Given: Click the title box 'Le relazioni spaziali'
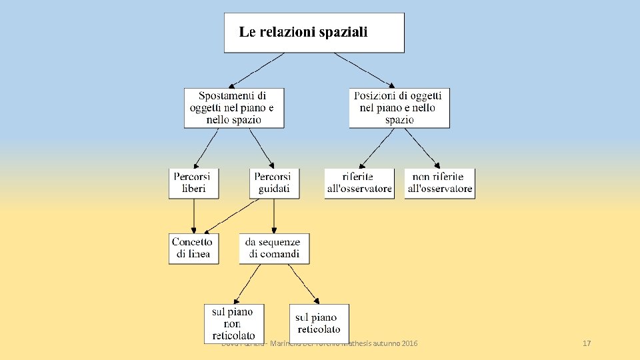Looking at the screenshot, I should [314, 33].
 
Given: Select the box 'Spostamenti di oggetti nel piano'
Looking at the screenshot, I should [234, 108].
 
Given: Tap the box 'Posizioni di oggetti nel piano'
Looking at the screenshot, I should [399, 108].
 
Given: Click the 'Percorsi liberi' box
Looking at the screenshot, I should [193, 183].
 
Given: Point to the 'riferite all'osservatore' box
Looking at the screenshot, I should [359, 183].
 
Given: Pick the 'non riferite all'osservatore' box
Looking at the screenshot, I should [439, 183].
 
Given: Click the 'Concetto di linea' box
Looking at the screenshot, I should [193, 247].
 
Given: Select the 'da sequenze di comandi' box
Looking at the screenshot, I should [274, 247].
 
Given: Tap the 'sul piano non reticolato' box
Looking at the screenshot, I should [233, 323].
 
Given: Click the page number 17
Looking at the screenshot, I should [587, 343].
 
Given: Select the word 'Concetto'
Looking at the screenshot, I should [192, 242].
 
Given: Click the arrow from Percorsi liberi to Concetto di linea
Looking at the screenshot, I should [194, 215].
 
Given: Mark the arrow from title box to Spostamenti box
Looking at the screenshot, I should [258, 70].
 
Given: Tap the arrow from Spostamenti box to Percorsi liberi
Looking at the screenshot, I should [206, 147].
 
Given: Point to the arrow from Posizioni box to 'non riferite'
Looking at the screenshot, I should [423, 147].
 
